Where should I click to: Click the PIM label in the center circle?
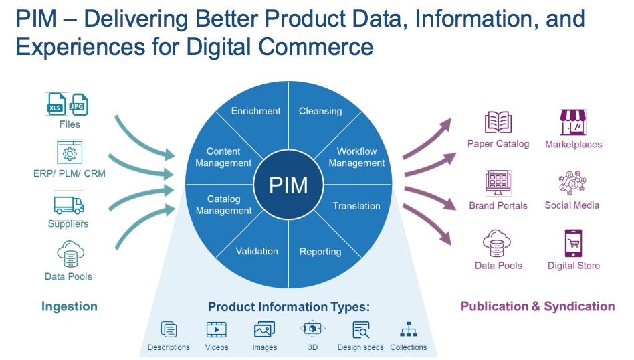tap(288, 184)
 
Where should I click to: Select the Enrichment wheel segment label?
tap(255, 111)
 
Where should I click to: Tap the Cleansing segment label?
tap(320, 111)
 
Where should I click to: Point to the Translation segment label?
tap(356, 206)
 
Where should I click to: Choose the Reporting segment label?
tap(320, 252)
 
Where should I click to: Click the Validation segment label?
tap(257, 251)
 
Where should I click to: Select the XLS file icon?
tap(56, 105)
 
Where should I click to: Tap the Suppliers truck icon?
tap(69, 204)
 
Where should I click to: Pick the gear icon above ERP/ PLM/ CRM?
tap(69, 154)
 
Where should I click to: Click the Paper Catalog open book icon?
tap(498, 122)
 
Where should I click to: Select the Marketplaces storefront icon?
tap(573, 122)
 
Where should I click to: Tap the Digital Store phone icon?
tap(574, 244)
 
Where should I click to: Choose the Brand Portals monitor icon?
tap(498, 183)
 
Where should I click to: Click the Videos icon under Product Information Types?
tap(216, 329)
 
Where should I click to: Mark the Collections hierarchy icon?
tap(408, 329)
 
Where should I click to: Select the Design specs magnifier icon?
tap(361, 329)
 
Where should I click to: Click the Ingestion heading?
tap(70, 306)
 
